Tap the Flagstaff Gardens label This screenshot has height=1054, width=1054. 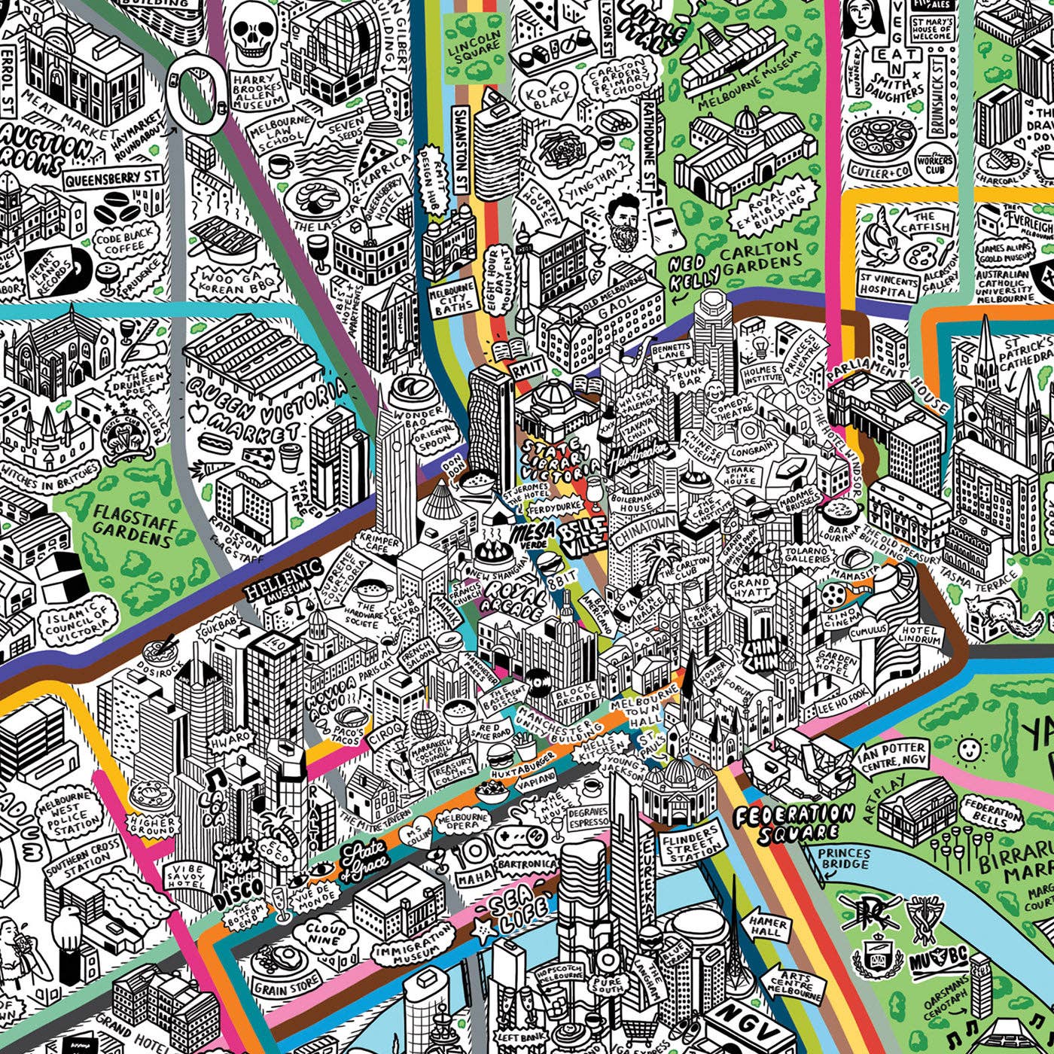point(133,525)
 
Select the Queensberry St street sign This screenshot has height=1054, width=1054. point(113,178)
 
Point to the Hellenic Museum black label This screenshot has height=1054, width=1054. point(282,580)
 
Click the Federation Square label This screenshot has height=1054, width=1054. point(794,822)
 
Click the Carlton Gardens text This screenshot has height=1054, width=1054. point(760,255)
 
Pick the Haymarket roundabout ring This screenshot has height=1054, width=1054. point(197,94)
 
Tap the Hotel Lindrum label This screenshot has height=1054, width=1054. point(919,635)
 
